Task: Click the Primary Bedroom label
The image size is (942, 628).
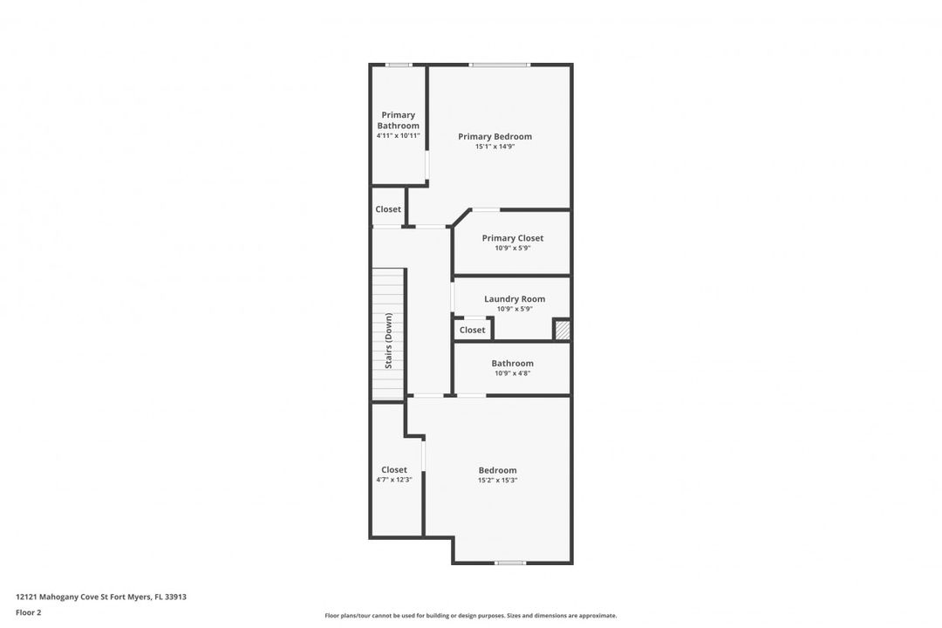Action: click(x=495, y=136)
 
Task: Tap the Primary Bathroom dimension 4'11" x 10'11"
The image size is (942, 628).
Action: click(x=399, y=136)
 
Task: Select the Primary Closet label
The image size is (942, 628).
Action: click(x=513, y=238)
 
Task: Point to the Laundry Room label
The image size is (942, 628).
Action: click(x=515, y=298)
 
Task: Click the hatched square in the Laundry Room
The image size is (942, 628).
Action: click(x=563, y=330)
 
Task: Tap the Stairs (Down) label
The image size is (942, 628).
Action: click(x=389, y=341)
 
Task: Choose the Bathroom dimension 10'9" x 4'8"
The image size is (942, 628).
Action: click(x=513, y=373)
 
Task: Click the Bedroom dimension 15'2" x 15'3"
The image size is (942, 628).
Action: click(x=497, y=481)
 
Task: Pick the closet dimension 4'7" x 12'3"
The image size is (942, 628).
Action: click(x=394, y=480)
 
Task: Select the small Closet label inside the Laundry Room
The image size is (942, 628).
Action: click(x=472, y=330)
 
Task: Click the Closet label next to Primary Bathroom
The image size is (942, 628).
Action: click(x=388, y=209)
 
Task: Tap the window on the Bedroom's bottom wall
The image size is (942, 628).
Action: click(x=510, y=563)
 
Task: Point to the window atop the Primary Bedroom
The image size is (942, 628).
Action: click(x=500, y=65)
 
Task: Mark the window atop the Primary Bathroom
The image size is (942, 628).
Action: click(x=399, y=65)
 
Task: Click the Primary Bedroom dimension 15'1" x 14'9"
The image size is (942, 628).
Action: click(x=495, y=146)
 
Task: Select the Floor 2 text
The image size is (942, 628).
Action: click(x=28, y=613)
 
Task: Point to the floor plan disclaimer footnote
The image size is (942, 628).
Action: click(x=471, y=616)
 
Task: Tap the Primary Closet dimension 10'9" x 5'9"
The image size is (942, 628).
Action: click(x=513, y=248)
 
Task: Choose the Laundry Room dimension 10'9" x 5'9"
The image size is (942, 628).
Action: click(x=515, y=309)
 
